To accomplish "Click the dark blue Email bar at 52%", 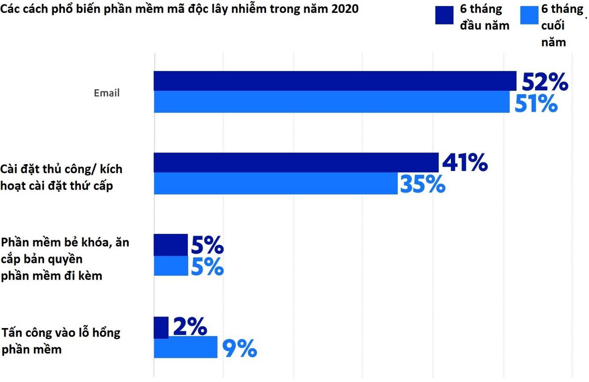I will click(335, 81).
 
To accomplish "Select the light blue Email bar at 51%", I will click(331, 102).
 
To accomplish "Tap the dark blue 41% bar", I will click(296, 162).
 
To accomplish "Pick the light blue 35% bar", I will click(275, 183).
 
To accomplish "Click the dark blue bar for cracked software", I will click(171, 245).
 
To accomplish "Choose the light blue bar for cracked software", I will click(171, 266).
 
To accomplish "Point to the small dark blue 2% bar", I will click(161, 327).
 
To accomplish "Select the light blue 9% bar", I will click(186, 347).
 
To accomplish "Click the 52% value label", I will click(545, 82).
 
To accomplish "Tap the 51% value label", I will click(536, 104).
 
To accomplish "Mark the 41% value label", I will click(465, 163).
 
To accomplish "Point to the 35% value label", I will click(423, 184).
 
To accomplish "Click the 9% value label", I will click(240, 348).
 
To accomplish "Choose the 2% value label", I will click(190, 327).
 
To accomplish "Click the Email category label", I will click(107, 93).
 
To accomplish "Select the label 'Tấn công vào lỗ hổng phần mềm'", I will click(61, 341).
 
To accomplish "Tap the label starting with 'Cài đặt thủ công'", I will click(61, 177).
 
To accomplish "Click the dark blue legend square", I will click(444, 15).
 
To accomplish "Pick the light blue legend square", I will click(529, 15).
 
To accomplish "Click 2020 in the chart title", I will click(344, 9).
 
